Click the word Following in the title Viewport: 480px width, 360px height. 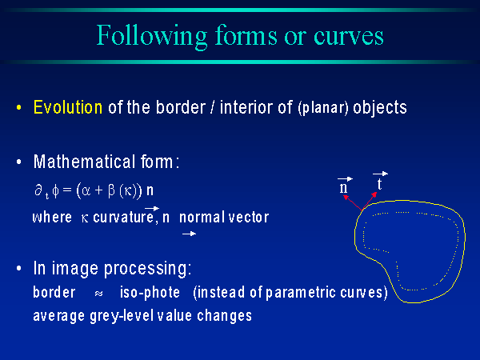[151, 37]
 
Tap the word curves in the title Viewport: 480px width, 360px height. [348, 37]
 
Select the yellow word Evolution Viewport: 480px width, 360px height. [68, 107]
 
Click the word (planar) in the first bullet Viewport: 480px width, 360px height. [323, 108]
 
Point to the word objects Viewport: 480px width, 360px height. [380, 108]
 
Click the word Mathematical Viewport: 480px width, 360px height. [84, 162]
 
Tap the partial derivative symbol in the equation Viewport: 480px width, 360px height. [38, 190]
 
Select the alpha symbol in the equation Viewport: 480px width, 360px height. [86, 190]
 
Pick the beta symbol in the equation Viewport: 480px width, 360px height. [111, 190]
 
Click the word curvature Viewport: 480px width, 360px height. [123, 218]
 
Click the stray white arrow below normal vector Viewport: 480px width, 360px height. [189, 234]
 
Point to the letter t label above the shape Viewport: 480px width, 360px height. [379, 184]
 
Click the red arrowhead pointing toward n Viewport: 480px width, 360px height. [346, 198]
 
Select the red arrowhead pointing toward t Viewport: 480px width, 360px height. [374, 194]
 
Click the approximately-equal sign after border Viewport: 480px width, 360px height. [98, 294]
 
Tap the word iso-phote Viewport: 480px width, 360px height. [150, 292]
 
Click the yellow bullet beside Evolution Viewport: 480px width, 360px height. [19, 108]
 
